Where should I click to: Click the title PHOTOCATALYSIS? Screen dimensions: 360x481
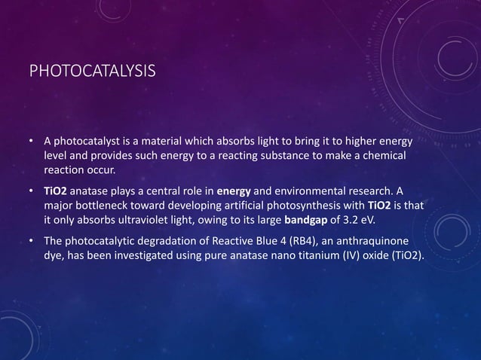pos(93,72)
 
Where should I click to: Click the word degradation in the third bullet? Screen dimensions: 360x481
pos(163,242)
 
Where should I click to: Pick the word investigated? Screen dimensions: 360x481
pos(146,255)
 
